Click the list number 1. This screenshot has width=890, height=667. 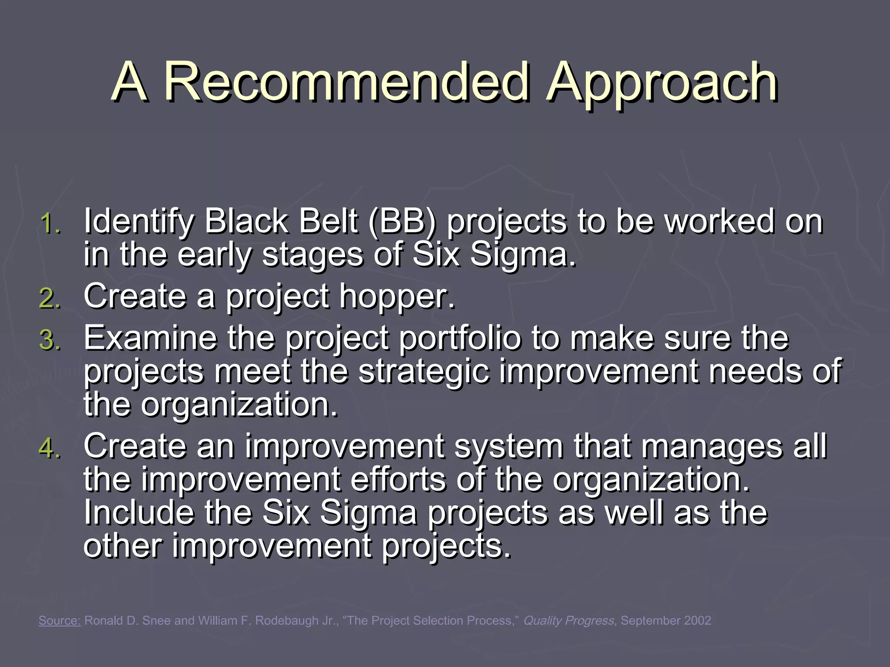(x=50, y=224)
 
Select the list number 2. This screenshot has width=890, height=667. (x=50, y=299)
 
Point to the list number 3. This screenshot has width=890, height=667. (x=50, y=340)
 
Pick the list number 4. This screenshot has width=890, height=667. (x=50, y=448)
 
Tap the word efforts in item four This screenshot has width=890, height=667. (x=398, y=479)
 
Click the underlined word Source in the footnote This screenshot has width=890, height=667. (x=60, y=621)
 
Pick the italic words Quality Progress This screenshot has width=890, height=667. (x=569, y=621)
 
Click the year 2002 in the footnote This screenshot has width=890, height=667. (x=697, y=621)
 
